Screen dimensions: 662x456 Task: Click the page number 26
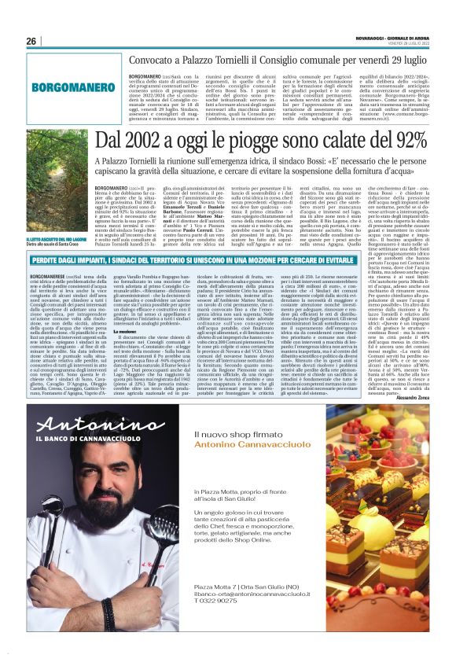[x=31, y=41]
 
